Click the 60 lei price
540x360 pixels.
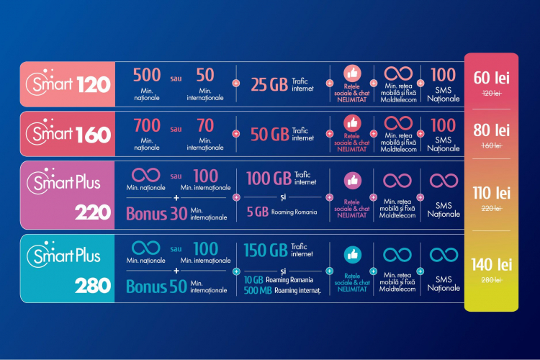click(491, 78)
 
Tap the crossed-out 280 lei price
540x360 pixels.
click(491, 280)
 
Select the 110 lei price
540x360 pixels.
click(491, 193)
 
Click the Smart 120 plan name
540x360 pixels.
click(68, 84)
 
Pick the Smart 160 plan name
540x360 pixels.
click(68, 133)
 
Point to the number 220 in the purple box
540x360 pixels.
click(93, 212)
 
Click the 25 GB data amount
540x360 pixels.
click(269, 84)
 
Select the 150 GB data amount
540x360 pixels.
click(266, 250)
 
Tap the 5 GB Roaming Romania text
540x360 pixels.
click(282, 212)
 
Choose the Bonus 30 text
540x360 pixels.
click(157, 213)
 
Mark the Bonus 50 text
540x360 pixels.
click(157, 287)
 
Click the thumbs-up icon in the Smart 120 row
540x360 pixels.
click(352, 73)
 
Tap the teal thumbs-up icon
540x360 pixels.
click(353, 255)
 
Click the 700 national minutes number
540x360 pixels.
click(147, 125)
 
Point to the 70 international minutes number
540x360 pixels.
click(205, 125)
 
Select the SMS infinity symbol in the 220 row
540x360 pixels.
click(444, 181)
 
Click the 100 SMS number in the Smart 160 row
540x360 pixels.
click(444, 125)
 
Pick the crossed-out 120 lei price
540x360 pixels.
click(492, 93)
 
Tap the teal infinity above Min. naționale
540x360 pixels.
click(145, 248)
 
